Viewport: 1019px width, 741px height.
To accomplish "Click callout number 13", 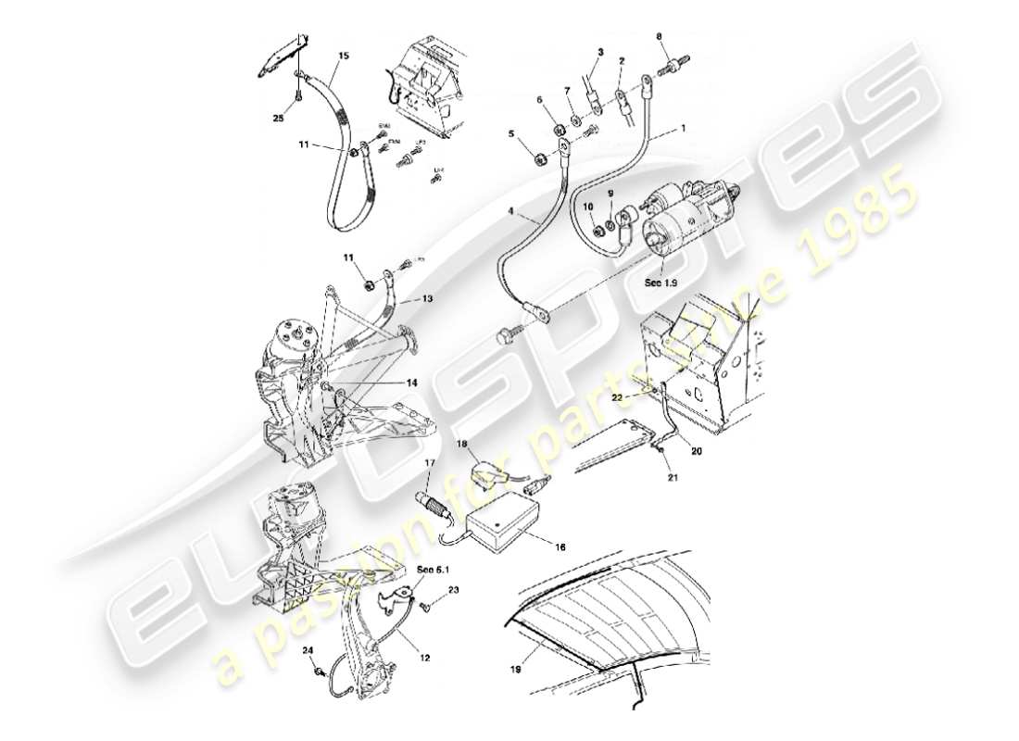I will pyautogui.click(x=428, y=299).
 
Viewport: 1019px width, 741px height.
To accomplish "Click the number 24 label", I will pyautogui.click(x=308, y=651).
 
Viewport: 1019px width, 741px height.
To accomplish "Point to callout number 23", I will pyautogui.click(x=453, y=590).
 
